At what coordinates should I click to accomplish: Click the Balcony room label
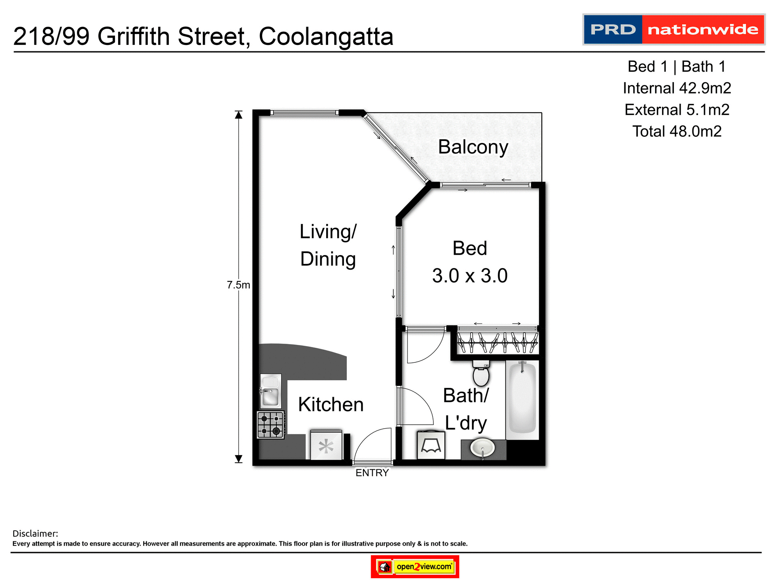473,147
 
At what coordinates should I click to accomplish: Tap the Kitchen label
331,404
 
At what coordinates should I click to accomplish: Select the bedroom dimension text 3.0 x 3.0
469,276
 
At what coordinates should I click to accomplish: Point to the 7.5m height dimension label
238,285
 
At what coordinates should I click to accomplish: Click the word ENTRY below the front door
372,473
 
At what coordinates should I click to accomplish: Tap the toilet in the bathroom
481,374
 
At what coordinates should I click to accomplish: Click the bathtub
522,398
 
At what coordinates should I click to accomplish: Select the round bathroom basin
482,449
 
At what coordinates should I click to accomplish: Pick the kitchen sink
270,392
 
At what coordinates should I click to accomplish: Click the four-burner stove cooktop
271,425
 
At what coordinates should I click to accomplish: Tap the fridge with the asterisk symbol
326,446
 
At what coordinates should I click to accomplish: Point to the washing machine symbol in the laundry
431,445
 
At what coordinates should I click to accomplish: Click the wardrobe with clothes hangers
497,343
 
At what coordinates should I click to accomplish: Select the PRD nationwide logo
673,30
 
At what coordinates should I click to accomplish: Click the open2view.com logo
415,566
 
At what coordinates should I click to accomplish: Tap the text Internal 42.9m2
677,88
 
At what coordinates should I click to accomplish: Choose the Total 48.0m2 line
677,132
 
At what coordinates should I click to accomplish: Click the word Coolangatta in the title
326,36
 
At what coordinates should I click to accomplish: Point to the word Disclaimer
35,534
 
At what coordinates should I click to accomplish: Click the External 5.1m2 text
677,110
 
